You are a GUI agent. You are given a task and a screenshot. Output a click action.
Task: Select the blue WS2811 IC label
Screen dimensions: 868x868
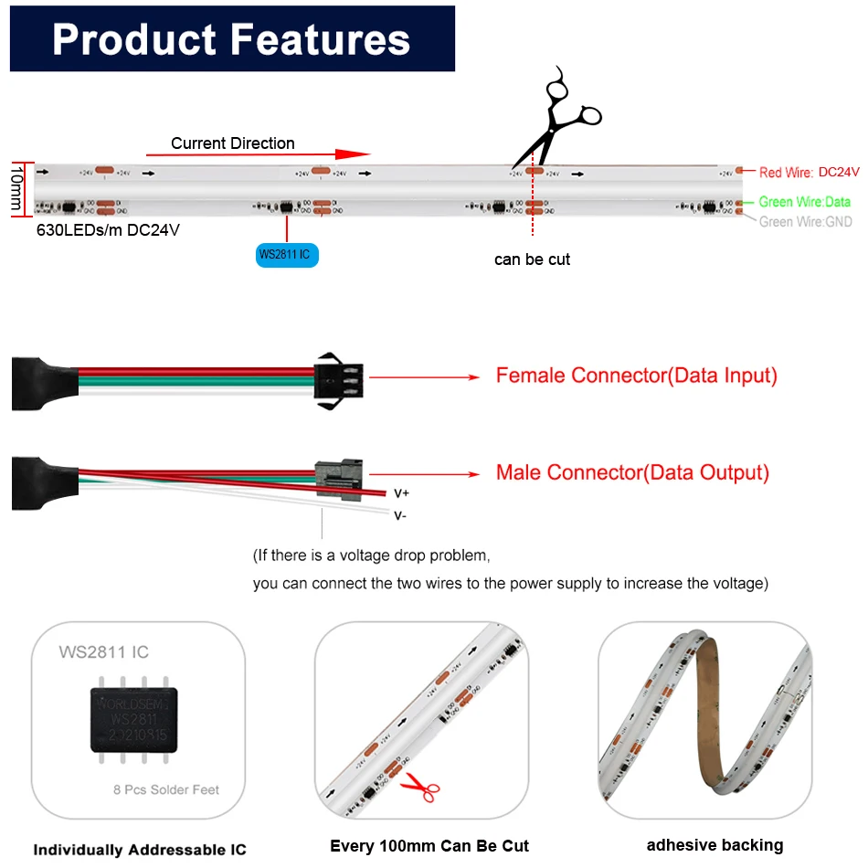[x=287, y=254]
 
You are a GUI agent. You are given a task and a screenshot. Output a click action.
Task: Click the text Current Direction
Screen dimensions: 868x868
[x=232, y=143]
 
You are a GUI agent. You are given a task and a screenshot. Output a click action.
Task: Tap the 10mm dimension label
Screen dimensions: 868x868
[x=16, y=189]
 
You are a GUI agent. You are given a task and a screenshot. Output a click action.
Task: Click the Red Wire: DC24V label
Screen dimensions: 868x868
[x=810, y=172]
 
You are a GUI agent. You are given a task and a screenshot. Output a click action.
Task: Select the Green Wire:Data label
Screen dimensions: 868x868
[x=804, y=202]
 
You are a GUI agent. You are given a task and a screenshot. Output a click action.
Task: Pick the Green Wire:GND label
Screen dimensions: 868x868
[x=805, y=221]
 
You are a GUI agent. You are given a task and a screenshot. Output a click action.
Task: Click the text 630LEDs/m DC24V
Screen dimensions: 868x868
[x=108, y=230]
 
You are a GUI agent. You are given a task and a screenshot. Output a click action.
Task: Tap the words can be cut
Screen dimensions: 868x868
[x=532, y=259]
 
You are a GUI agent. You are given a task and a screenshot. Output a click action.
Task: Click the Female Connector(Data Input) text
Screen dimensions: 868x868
[x=636, y=376]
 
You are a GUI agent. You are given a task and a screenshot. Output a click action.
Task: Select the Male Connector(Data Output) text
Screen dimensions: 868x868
[x=632, y=472]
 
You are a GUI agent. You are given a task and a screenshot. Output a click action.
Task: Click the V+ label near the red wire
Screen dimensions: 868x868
[x=401, y=493]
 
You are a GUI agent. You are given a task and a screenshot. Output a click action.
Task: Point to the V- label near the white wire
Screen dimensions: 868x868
[x=400, y=515]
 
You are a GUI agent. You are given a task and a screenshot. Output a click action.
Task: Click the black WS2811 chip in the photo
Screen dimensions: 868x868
[x=133, y=720]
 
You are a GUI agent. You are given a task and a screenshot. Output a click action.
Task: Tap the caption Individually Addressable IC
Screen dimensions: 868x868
[x=140, y=850]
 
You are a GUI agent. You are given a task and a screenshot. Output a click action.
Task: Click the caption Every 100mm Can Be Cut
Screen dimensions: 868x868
[x=429, y=846]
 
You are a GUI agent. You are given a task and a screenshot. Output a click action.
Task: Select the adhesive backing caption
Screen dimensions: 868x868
[x=715, y=845]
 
